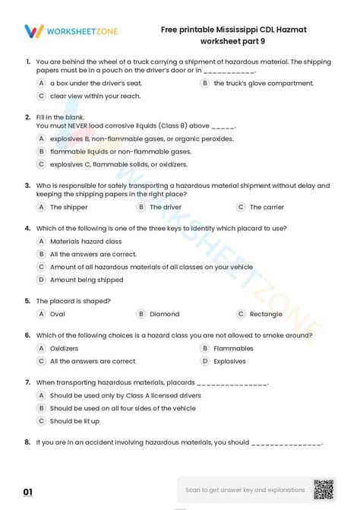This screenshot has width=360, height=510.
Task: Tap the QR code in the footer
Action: pos(324,490)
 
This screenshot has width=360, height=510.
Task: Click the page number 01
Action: pos(28,493)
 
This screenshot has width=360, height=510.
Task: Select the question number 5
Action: pos(27,300)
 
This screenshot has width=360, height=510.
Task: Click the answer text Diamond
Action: pos(164,314)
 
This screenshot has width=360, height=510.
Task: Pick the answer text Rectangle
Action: pos(266,314)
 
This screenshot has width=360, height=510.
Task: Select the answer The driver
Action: pos(165,207)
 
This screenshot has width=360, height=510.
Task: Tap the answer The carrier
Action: pos(267,207)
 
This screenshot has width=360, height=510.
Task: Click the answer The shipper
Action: pos(68,207)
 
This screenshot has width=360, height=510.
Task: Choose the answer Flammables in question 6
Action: pos(233,348)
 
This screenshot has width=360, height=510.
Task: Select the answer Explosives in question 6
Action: pos(229,361)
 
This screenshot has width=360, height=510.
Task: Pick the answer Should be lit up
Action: pos(74,421)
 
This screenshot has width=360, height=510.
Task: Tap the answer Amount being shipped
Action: pos(86,280)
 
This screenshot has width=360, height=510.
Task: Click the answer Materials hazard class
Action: pos(86,241)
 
